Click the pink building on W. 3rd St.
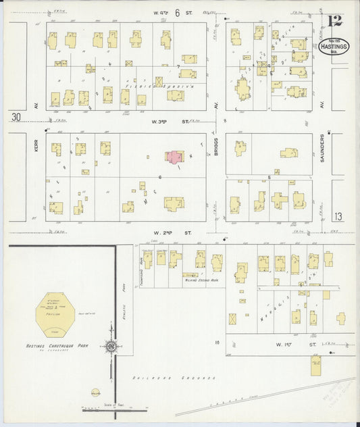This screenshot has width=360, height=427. tap(174, 157)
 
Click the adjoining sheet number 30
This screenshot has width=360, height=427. tap(16, 117)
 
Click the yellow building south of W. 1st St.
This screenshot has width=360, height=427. tap(315, 366)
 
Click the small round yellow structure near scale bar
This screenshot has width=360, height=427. tap(95, 393)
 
